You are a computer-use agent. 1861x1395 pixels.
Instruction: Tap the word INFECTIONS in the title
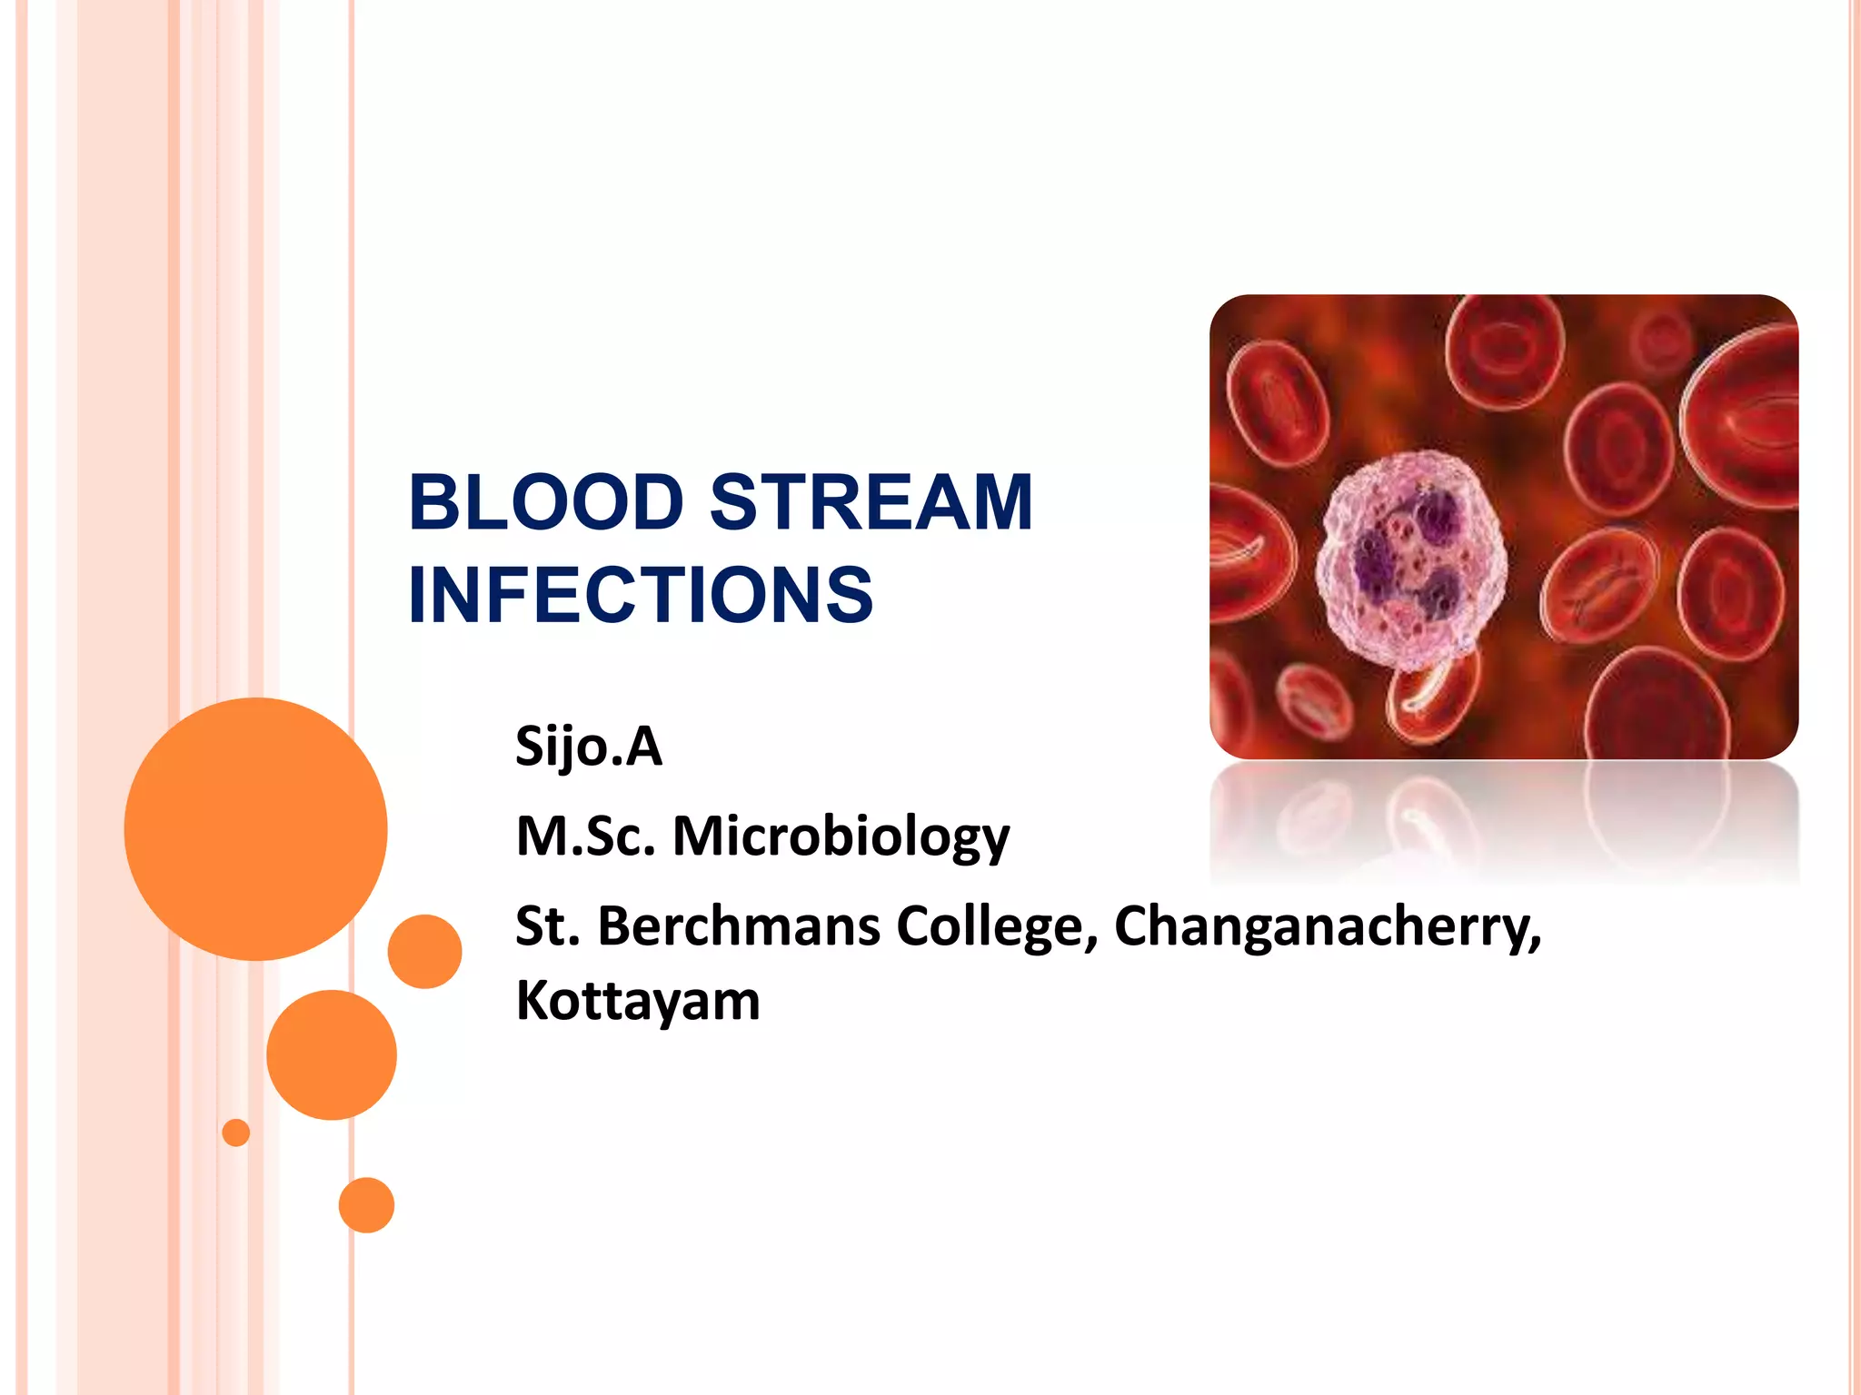click(641, 595)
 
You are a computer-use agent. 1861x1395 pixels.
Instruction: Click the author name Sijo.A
click(589, 747)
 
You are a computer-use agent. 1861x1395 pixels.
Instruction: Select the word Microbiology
click(841, 837)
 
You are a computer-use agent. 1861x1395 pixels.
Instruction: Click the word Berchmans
click(739, 926)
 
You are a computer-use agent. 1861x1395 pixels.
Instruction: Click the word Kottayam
click(638, 1001)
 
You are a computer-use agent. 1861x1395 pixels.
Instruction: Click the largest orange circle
click(255, 828)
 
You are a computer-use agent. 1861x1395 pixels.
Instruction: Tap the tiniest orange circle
click(236, 1133)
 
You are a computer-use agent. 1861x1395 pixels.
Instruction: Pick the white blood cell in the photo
click(1410, 559)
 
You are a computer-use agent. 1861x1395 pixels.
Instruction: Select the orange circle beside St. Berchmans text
click(424, 951)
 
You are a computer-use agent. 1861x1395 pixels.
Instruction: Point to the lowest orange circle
click(366, 1205)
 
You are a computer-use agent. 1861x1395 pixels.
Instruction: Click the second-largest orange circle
click(332, 1054)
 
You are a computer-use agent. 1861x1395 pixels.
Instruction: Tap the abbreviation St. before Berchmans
click(547, 926)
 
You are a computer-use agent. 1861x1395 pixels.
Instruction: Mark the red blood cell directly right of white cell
click(1599, 581)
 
